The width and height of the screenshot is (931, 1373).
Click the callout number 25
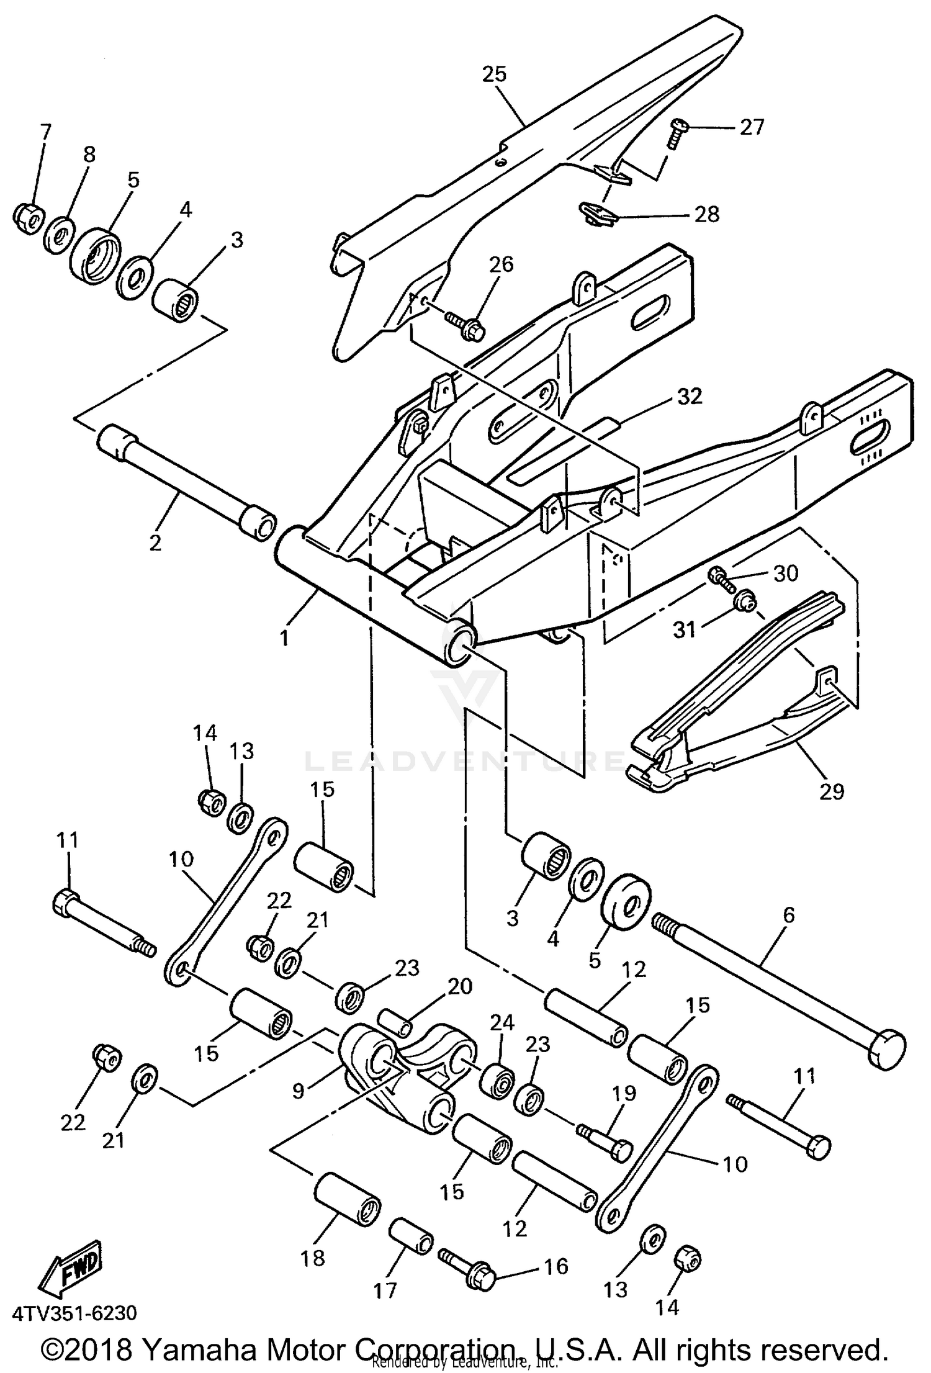(x=494, y=74)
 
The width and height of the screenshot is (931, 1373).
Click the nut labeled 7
(x=28, y=217)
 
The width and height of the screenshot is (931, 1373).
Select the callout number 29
(x=831, y=791)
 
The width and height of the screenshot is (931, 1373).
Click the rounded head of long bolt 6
(x=888, y=1052)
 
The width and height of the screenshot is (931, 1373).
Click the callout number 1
(x=284, y=637)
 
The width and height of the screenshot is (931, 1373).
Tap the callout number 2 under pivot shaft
(x=155, y=542)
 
